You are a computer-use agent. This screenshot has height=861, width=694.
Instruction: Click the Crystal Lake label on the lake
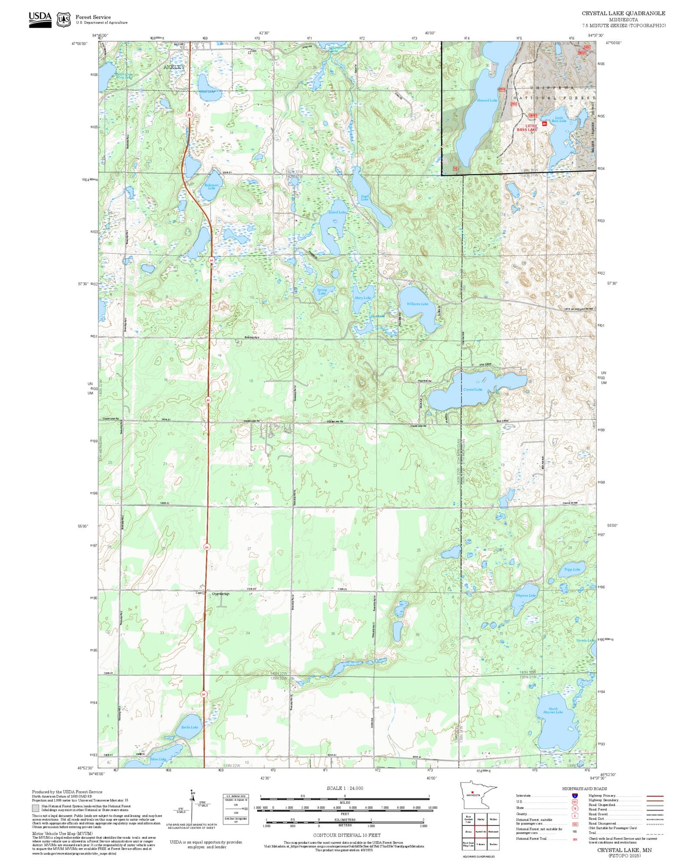pos(473,389)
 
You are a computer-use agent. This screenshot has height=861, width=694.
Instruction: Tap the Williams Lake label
pos(417,304)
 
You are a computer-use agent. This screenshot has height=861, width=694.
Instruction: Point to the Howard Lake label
pos(487,100)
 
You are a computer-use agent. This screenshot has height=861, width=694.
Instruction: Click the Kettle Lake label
pos(189,727)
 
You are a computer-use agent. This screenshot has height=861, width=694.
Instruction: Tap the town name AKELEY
pos(173,67)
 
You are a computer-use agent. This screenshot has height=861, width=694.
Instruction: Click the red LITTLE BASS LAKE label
pos(527,128)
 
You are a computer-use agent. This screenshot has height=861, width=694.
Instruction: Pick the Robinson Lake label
pos(211,186)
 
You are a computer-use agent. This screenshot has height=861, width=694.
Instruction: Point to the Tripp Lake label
pos(572,569)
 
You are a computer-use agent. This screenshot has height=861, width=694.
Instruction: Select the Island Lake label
pos(337,212)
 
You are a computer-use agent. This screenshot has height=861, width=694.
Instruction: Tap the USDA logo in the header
pos(40,19)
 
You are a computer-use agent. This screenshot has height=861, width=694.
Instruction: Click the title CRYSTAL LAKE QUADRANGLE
pos(623,13)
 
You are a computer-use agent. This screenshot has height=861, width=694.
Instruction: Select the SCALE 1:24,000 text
pos(345,788)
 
